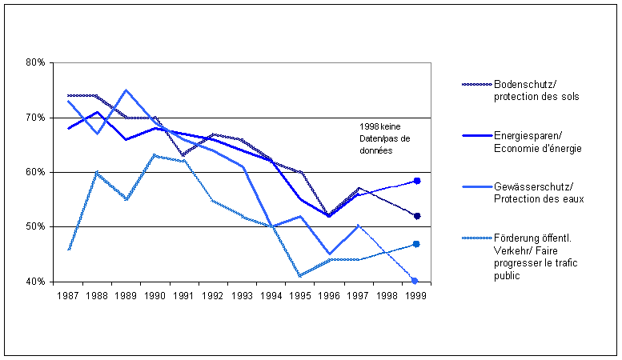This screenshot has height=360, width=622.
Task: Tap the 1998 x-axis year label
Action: tap(387, 295)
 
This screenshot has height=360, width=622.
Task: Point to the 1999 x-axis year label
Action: tap(417, 295)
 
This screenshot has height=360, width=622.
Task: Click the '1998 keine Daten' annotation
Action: tap(385, 139)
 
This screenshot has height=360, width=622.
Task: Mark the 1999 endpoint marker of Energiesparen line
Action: tap(417, 181)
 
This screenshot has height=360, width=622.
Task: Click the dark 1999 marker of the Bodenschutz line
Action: tap(417, 216)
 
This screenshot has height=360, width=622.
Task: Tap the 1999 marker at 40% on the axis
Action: tap(415, 281)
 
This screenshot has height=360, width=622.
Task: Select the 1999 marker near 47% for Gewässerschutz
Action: tap(417, 244)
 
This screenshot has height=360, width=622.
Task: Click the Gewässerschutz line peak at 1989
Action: tap(126, 90)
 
